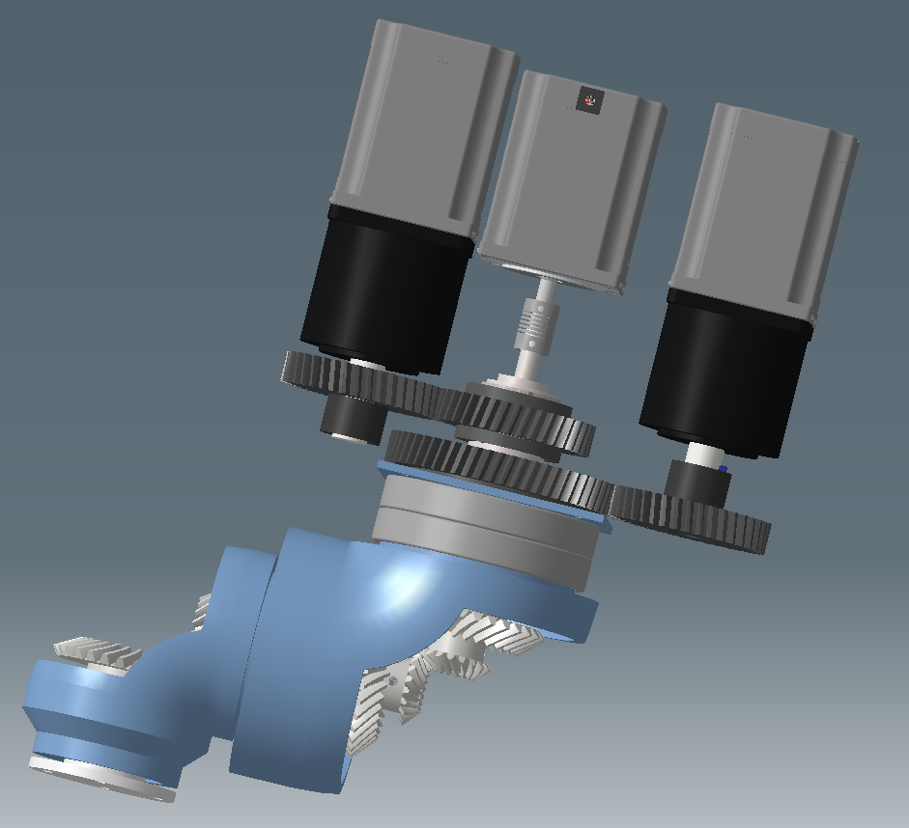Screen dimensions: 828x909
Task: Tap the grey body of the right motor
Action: [x=763, y=203]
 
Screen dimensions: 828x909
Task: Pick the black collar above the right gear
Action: [x=694, y=479]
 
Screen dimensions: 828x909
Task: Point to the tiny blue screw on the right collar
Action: [x=724, y=470]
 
